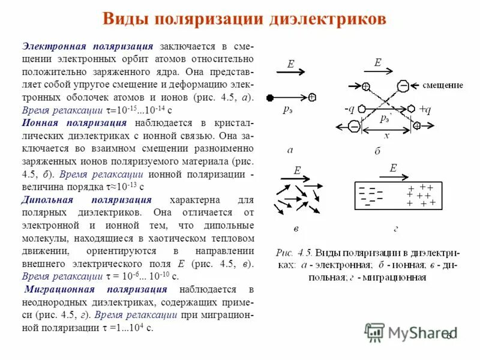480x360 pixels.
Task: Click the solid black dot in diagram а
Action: (270, 97)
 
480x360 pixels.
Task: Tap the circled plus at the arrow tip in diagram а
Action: (313, 97)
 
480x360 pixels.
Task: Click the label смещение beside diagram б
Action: (443, 85)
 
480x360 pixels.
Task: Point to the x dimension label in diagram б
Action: (387, 136)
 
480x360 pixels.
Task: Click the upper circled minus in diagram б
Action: (404, 86)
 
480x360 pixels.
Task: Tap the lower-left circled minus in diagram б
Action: (355, 127)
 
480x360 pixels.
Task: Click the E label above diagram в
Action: (296, 171)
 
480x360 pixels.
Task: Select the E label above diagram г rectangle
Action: (394, 169)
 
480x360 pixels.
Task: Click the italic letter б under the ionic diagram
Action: (377, 151)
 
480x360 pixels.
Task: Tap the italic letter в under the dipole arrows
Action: (295, 229)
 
